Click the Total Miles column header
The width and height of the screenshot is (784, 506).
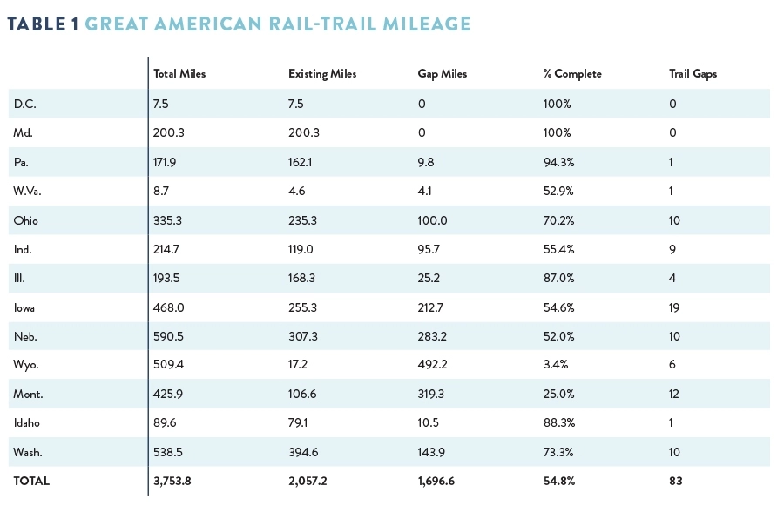click(x=179, y=74)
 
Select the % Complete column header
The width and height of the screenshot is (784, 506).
click(x=571, y=74)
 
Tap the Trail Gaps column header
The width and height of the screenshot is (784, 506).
click(x=693, y=74)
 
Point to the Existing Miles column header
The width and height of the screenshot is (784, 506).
click(x=322, y=74)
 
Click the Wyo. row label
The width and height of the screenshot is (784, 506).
click(x=26, y=365)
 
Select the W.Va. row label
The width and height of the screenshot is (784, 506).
click(x=28, y=191)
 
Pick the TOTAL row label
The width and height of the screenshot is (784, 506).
click(x=31, y=481)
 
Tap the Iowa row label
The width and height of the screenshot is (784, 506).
click(x=25, y=307)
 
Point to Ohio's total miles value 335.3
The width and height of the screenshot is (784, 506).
click(x=168, y=219)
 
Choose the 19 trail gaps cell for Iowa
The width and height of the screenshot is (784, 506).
click(x=674, y=307)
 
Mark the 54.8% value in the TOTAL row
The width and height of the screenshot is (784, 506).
click(x=558, y=481)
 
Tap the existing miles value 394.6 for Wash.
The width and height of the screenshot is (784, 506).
click(x=303, y=452)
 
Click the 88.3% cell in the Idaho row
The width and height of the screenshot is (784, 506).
click(x=558, y=423)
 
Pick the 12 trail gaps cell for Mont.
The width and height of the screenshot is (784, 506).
click(x=674, y=394)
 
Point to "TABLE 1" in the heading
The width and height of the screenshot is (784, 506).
click(x=43, y=24)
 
